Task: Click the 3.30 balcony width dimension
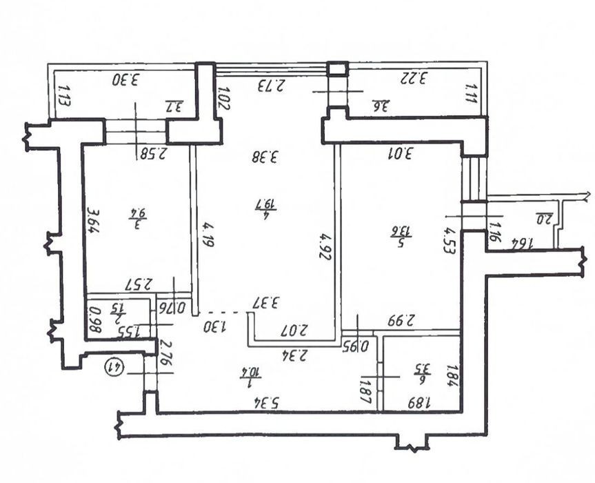[127, 79]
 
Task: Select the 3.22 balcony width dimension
[415, 77]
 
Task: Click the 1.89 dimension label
[420, 402]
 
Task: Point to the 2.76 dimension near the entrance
[164, 353]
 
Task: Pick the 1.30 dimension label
[214, 324]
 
